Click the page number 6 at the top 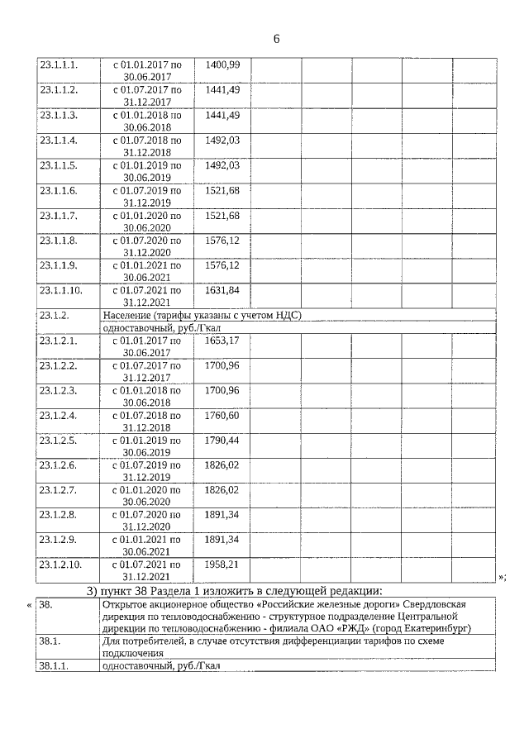coord(276,39)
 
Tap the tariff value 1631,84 coord(222,290)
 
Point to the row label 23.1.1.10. coord(61,290)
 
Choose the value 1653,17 coord(222,340)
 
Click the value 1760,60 coord(222,415)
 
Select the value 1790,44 coord(222,440)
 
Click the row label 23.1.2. coord(54,315)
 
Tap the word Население coord(129,315)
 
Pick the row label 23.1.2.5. coord(59,440)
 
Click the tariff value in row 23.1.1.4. coord(222,140)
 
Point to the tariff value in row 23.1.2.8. coord(222,515)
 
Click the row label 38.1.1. coord(54,666)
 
